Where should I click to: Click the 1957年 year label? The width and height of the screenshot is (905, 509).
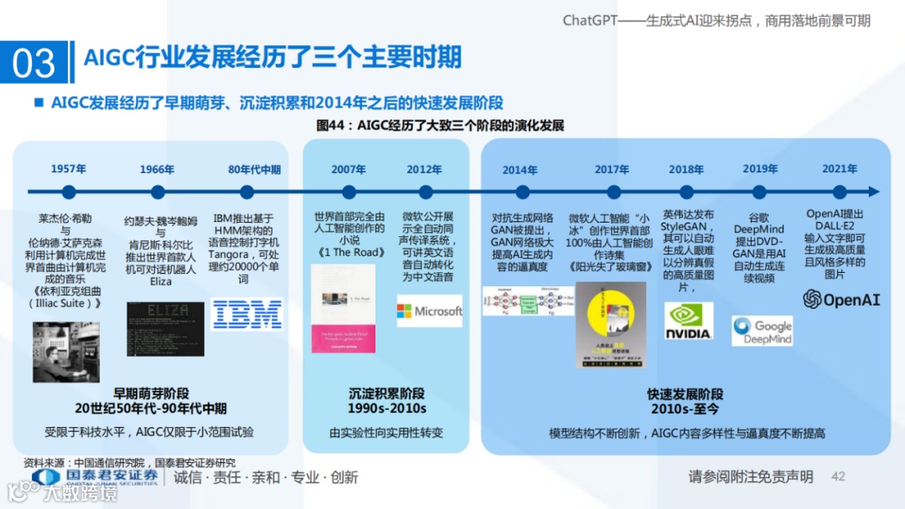(x=68, y=168)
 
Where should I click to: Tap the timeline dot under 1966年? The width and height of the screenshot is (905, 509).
(x=158, y=192)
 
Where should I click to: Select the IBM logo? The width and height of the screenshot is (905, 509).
(x=246, y=314)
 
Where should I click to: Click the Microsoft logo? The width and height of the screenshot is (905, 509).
(x=430, y=311)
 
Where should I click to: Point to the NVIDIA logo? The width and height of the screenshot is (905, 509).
(x=688, y=321)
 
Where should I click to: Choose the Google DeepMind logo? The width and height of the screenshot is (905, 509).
(x=762, y=330)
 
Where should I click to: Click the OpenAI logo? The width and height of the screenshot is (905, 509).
(x=841, y=300)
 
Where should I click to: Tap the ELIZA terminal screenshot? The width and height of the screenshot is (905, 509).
(x=165, y=328)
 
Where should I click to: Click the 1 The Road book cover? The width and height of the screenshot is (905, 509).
(x=343, y=308)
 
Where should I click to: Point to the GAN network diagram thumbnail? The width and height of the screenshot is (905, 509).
(x=528, y=301)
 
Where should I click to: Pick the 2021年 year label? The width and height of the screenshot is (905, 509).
(x=839, y=168)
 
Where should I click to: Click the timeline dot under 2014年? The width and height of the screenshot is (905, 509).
(x=520, y=192)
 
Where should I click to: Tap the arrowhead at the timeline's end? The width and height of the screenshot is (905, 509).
(x=875, y=192)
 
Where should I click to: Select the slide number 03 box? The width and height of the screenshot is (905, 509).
(x=35, y=64)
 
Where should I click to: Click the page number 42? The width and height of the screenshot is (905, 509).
(x=838, y=476)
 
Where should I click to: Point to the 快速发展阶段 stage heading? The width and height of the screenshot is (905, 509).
(x=685, y=393)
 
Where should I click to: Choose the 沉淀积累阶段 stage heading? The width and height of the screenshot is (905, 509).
(x=386, y=393)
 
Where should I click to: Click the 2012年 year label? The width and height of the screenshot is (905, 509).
(x=424, y=168)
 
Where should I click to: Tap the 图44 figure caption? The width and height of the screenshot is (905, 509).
(x=439, y=126)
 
